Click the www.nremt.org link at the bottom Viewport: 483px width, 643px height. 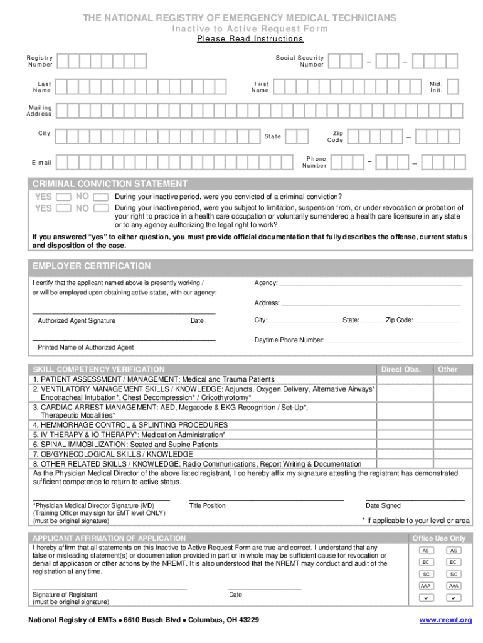[x=445, y=620]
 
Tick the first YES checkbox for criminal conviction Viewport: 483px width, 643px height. [x=63, y=197]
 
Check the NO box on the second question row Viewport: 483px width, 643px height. [x=100, y=208]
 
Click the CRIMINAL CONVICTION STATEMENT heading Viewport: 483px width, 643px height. [x=110, y=184]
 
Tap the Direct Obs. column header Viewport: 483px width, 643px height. [x=401, y=370]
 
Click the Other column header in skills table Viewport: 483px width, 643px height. [x=447, y=370]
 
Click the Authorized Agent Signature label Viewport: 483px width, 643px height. [x=77, y=320]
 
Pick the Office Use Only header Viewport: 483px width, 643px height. [x=439, y=538]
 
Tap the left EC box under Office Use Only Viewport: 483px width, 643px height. [x=426, y=563]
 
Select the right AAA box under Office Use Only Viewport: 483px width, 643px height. [x=454, y=586]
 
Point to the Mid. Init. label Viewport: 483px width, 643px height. [x=436, y=87]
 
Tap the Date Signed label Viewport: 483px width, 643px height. [x=383, y=506]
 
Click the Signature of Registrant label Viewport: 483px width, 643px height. [x=65, y=595]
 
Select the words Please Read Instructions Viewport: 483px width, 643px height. [x=250, y=39]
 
